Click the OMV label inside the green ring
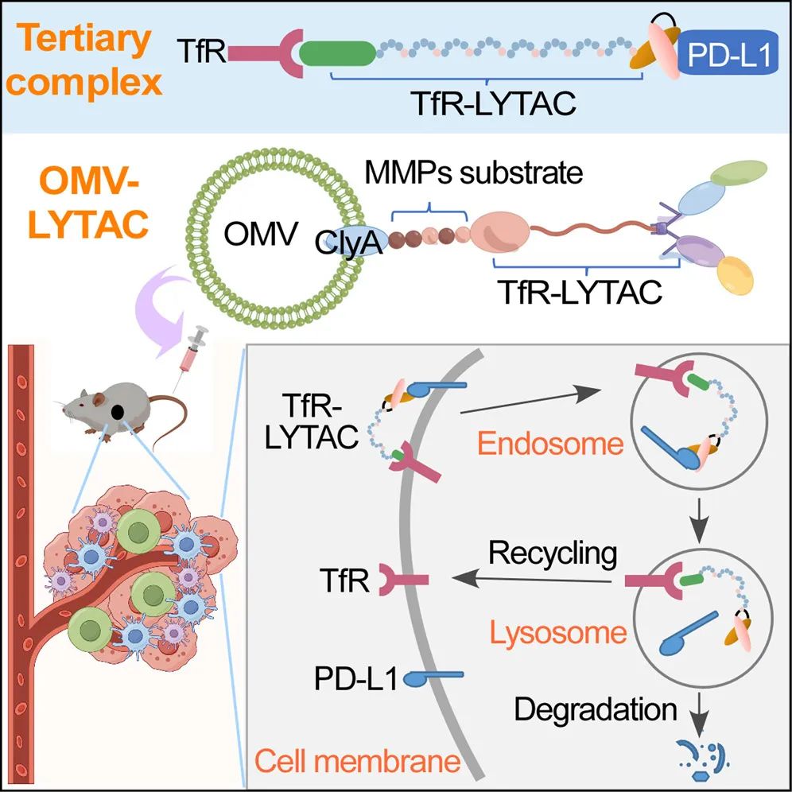pyautogui.click(x=261, y=235)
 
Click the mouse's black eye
pyautogui.click(x=117, y=412)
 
